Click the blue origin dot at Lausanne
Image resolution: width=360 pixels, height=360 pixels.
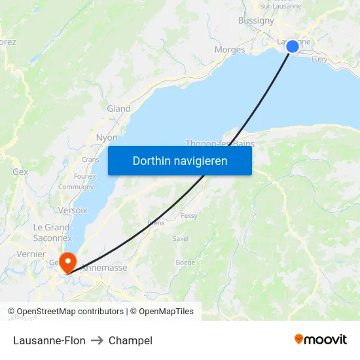click(293, 46)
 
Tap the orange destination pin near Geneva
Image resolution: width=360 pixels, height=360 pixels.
click(67, 262)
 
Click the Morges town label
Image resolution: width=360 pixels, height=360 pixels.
click(230, 50)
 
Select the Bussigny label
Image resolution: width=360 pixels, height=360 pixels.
click(256, 20)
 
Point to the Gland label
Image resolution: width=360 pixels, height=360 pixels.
click(118, 109)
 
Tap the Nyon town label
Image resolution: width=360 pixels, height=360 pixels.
click(107, 138)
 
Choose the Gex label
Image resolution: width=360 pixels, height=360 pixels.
click(20, 171)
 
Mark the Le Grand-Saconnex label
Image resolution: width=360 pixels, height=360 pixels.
click(52, 232)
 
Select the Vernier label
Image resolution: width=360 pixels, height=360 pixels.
click(31, 254)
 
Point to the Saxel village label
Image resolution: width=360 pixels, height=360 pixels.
click(180, 239)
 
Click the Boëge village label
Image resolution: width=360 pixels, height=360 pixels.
click(185, 262)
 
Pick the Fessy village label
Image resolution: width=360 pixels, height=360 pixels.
click(189, 216)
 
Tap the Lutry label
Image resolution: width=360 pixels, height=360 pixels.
click(319, 59)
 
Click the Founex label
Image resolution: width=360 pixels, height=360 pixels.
click(85, 176)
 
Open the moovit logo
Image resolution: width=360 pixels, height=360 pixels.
click(320, 339)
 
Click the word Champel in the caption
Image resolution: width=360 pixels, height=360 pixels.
click(130, 340)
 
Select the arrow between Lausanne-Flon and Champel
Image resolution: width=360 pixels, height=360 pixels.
click(97, 340)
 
